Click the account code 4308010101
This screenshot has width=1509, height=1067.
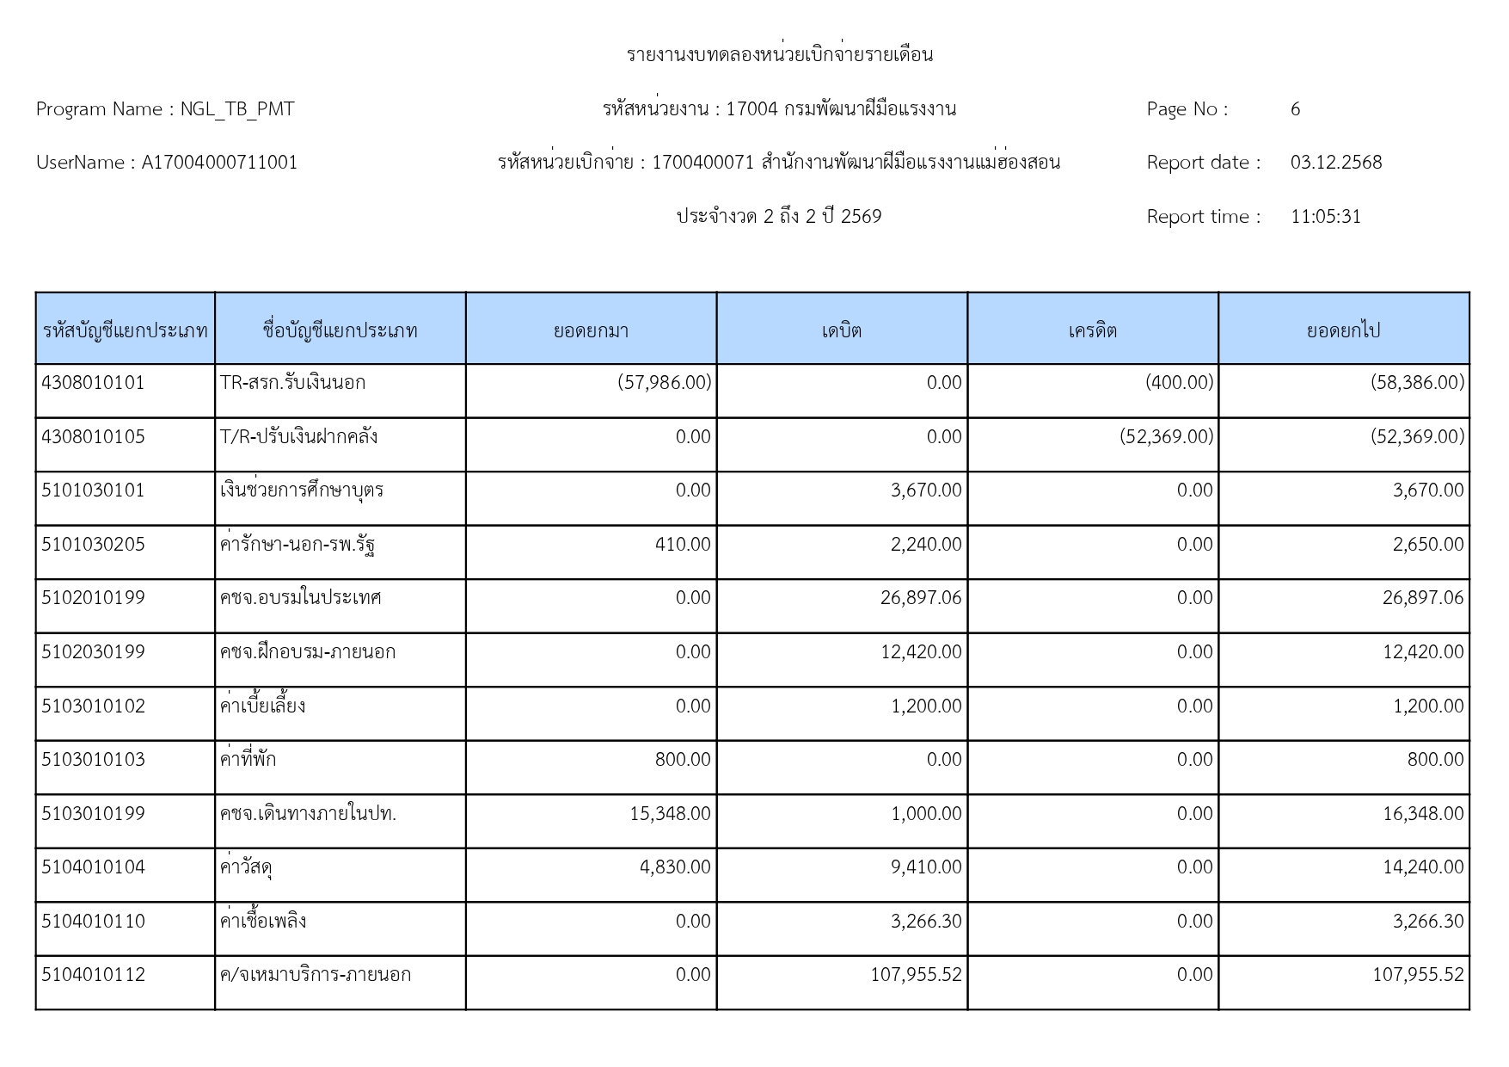tap(93, 383)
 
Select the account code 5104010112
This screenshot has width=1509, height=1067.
tap(93, 975)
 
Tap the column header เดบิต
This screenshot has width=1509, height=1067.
tap(841, 330)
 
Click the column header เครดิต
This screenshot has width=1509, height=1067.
tap(1092, 330)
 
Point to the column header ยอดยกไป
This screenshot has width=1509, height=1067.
tap(1343, 330)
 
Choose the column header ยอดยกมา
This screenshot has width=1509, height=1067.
tap(591, 330)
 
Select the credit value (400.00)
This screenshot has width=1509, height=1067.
tap(1179, 383)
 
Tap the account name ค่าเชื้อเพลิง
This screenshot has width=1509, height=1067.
tap(263, 922)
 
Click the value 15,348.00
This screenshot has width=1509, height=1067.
tap(670, 814)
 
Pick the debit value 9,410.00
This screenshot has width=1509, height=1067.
tap(926, 867)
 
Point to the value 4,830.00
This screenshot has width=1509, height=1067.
tap(675, 867)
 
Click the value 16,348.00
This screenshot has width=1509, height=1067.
tap(1422, 814)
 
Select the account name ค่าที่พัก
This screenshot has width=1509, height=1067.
tap(248, 760)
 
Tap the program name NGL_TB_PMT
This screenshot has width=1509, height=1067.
tap(237, 109)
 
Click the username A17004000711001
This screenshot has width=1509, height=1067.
tap(219, 163)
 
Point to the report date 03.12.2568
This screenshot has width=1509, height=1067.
tap(1335, 163)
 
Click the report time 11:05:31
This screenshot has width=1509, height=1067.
tap(1325, 217)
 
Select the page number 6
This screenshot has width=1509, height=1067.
tap(1295, 109)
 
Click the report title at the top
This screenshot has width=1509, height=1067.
tap(779, 55)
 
